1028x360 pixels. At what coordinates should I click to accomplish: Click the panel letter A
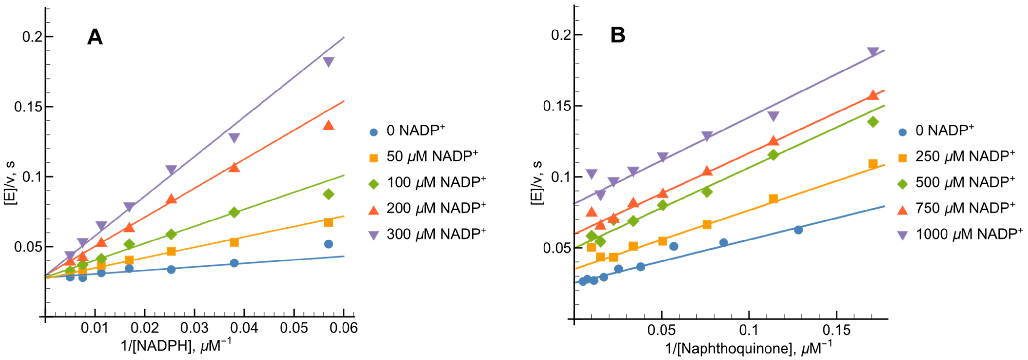pyautogui.click(x=95, y=38)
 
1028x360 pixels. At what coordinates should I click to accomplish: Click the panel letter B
pyautogui.click(x=617, y=36)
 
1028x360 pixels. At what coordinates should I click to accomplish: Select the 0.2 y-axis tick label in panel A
pyautogui.click(x=32, y=37)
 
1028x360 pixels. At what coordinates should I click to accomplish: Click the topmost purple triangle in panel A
pyautogui.click(x=328, y=62)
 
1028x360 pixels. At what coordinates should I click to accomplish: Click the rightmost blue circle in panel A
pyautogui.click(x=328, y=244)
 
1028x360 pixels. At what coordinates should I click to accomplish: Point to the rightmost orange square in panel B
pyautogui.click(x=873, y=164)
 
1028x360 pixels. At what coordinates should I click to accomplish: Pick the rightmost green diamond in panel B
pyautogui.click(x=873, y=122)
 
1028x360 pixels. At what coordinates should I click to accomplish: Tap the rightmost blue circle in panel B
pyautogui.click(x=798, y=230)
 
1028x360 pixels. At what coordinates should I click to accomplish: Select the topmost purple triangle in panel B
pyautogui.click(x=873, y=52)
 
